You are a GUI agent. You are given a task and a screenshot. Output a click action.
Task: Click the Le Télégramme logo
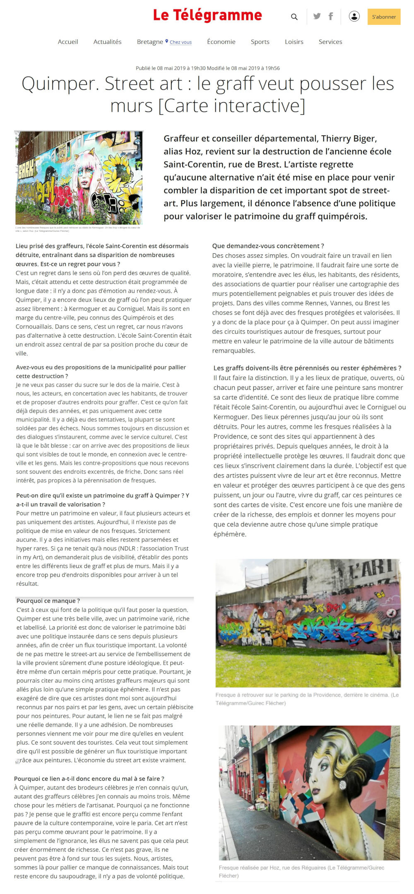[x=207, y=15]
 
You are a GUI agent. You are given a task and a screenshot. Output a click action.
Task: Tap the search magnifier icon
[x=294, y=17]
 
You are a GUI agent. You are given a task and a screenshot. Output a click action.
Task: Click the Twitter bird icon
[x=317, y=17]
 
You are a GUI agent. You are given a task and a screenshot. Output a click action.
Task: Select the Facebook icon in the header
[x=331, y=17]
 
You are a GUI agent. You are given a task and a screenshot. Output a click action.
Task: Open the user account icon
[x=354, y=17]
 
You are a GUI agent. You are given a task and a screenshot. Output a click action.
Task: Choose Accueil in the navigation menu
[x=68, y=42]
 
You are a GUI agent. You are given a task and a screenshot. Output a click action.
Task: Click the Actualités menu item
[x=107, y=42]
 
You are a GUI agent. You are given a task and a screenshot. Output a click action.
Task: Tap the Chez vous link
[x=181, y=42]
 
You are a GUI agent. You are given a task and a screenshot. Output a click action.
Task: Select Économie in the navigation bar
[x=221, y=42]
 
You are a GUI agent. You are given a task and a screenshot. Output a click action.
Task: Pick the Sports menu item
[x=260, y=42]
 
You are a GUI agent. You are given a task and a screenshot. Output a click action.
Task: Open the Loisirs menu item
[x=294, y=42]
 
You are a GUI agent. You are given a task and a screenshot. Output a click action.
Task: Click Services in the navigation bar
[x=330, y=42]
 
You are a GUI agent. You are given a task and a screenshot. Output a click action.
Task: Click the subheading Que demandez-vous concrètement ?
[x=268, y=246]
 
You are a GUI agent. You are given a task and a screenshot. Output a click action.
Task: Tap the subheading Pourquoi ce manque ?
[x=48, y=601]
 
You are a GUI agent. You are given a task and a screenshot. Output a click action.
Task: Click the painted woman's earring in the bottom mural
[x=342, y=785]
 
